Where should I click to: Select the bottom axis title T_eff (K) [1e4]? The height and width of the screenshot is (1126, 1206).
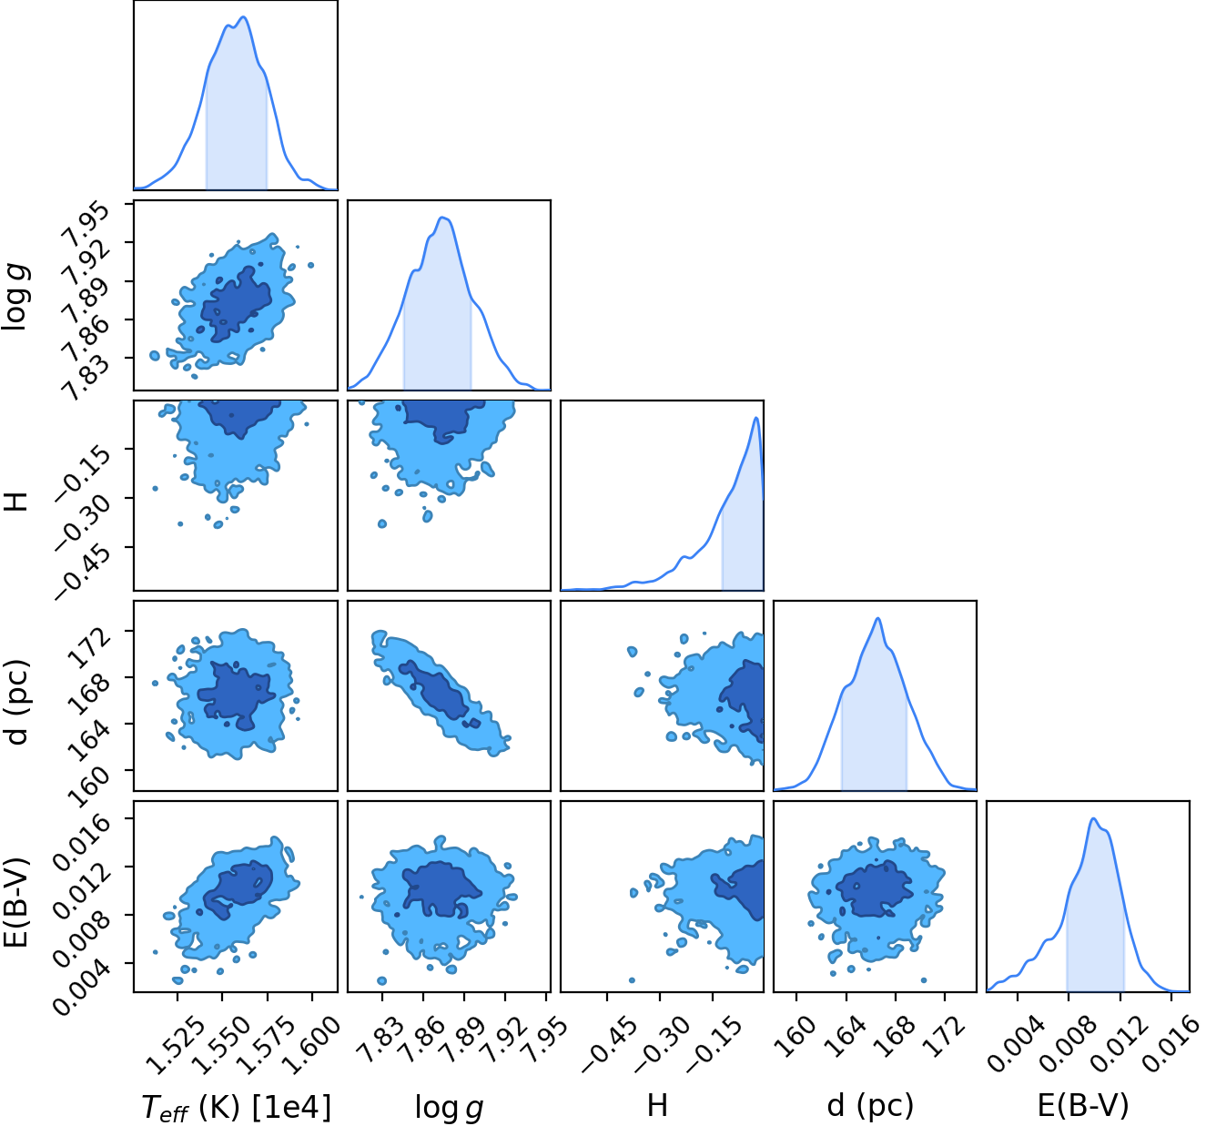click(237, 1107)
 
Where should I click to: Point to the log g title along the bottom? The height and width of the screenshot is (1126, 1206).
click(449, 1108)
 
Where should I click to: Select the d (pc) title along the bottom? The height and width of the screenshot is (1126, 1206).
click(870, 1107)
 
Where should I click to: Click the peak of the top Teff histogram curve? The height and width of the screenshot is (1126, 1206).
click(244, 16)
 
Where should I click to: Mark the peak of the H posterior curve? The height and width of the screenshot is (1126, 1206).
click(755, 417)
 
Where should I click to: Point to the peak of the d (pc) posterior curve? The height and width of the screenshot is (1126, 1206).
click(877, 618)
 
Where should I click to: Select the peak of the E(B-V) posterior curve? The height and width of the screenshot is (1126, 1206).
click(1092, 818)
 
